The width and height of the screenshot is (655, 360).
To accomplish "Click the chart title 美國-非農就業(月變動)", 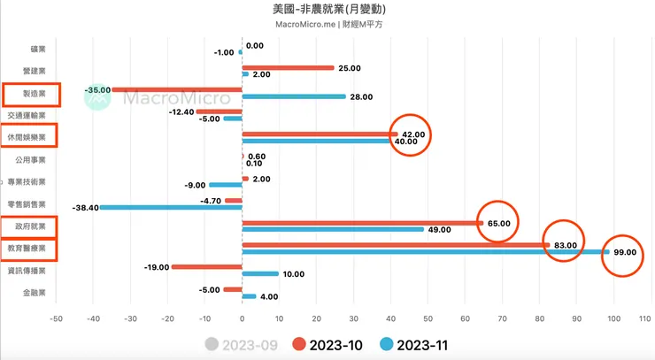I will (330, 9).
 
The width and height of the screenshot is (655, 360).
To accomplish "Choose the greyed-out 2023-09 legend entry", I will (246, 344).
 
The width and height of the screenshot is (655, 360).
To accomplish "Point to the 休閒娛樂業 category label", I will (30, 136).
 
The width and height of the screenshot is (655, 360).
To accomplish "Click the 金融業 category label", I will (32, 293).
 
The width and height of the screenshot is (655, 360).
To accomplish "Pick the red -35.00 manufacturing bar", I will (177, 89).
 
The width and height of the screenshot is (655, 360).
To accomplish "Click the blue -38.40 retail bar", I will (170, 207).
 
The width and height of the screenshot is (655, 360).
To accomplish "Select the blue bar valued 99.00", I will (425, 252).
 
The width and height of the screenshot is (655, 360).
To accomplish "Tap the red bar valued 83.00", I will (396, 245).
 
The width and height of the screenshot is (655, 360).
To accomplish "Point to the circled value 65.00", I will (498, 224).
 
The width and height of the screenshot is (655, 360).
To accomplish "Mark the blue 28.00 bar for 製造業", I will (293, 96).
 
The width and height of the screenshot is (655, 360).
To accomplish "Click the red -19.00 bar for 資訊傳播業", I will (206, 266).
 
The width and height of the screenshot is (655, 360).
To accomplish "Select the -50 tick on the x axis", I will (57, 316).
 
